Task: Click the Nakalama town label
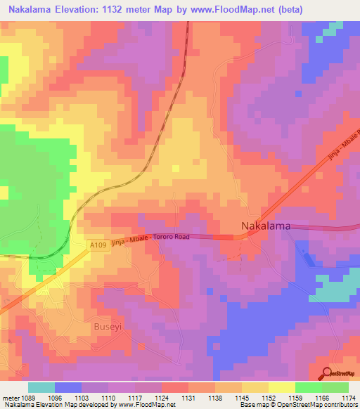pos(266,226)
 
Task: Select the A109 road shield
pos(99,245)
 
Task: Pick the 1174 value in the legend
pos(349,398)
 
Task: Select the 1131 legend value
pos(188,398)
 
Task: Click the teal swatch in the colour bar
pos(41,387)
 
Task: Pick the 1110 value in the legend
pos(108,398)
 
